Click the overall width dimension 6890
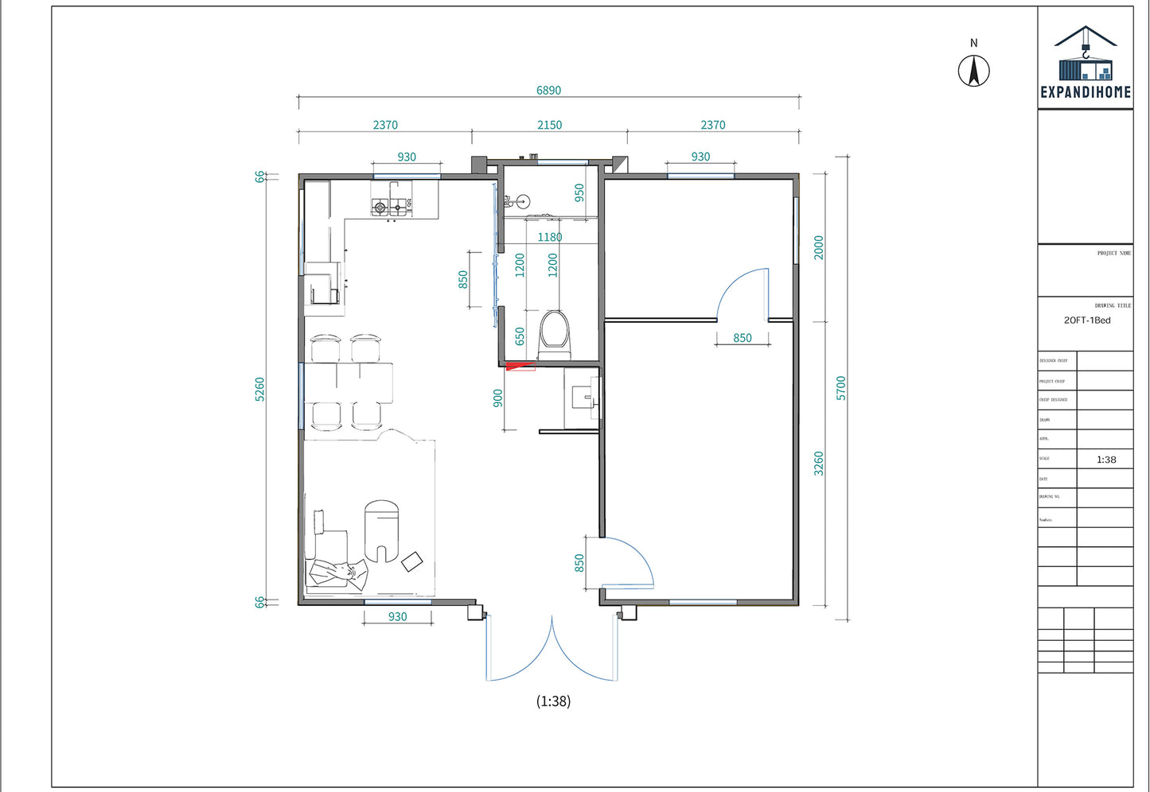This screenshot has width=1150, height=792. click(x=548, y=91)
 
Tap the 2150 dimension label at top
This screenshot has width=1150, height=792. click(x=549, y=125)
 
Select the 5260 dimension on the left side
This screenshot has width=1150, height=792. click(x=259, y=389)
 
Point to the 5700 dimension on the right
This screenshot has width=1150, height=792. click(x=841, y=388)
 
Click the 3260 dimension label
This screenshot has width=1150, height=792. click(x=819, y=464)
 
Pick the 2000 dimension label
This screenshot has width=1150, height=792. click(x=819, y=247)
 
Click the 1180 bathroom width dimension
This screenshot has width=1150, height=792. click(x=549, y=237)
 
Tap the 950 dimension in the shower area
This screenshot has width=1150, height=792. click(x=579, y=192)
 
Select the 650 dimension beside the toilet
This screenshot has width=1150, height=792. click(x=520, y=336)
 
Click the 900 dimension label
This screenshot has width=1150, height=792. click(x=498, y=398)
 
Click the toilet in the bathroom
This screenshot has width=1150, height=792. click(x=554, y=332)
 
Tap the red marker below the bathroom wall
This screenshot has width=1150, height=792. click(x=520, y=366)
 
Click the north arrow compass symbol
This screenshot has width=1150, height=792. click(x=973, y=70)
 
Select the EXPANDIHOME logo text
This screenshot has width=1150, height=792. click(x=1086, y=92)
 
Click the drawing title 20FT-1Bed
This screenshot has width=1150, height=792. click(x=1087, y=320)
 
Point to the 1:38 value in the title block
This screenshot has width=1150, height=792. click(x=1105, y=460)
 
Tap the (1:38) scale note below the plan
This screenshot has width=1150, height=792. click(x=553, y=701)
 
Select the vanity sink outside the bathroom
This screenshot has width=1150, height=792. click(x=583, y=395)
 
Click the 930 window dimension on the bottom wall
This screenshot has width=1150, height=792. click(x=397, y=616)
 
